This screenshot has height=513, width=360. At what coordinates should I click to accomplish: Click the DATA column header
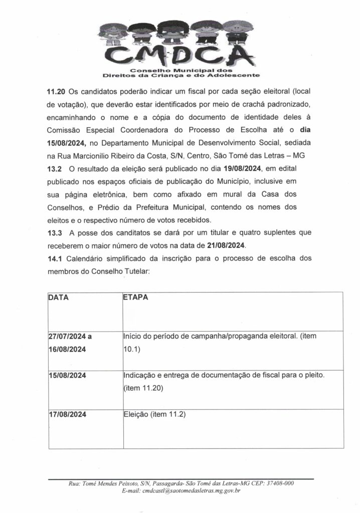(x=59, y=297)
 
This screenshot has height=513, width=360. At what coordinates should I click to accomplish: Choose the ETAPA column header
(x=135, y=297)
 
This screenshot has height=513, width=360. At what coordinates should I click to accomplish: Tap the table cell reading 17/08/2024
(x=68, y=414)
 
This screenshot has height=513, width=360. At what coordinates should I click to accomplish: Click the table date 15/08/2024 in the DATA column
(x=68, y=376)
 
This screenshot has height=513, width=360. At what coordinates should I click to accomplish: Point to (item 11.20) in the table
(x=143, y=388)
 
